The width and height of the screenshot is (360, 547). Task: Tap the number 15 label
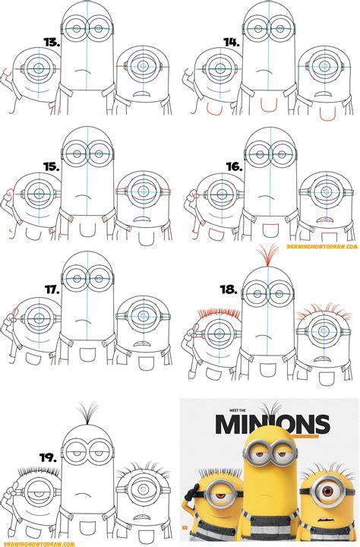click(52, 165)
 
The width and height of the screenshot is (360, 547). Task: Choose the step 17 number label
click(52, 289)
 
